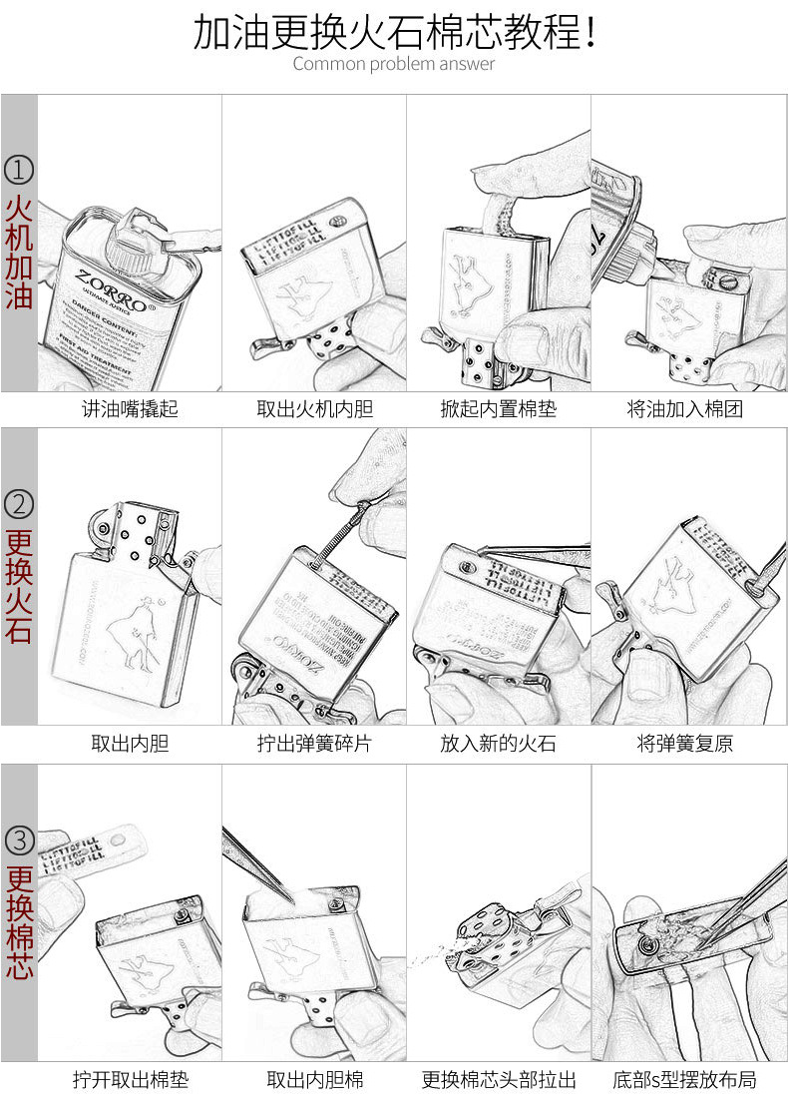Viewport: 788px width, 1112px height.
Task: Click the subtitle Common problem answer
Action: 393,64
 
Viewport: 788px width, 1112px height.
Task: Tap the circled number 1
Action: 19,169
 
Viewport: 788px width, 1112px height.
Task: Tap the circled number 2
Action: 19,503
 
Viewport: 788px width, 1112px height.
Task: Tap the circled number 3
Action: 19,837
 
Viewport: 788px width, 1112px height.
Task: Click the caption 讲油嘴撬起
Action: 130,409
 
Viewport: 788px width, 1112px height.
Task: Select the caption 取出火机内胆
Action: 313,409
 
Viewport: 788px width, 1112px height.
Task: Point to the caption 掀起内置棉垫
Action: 499,409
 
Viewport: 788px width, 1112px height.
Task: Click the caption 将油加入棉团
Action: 684,409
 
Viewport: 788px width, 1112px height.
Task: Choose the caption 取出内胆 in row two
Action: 130,744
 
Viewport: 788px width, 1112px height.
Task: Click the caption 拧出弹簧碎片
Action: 313,744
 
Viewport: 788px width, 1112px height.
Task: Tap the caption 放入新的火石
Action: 499,744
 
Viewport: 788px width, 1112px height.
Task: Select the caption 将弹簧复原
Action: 684,744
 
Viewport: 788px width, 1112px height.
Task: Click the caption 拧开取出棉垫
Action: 130,1080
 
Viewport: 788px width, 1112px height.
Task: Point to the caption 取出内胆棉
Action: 313,1080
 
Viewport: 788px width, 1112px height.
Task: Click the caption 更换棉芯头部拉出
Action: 499,1080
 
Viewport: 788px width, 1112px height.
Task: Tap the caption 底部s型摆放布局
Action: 684,1080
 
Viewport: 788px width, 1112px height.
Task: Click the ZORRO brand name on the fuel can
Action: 113,303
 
